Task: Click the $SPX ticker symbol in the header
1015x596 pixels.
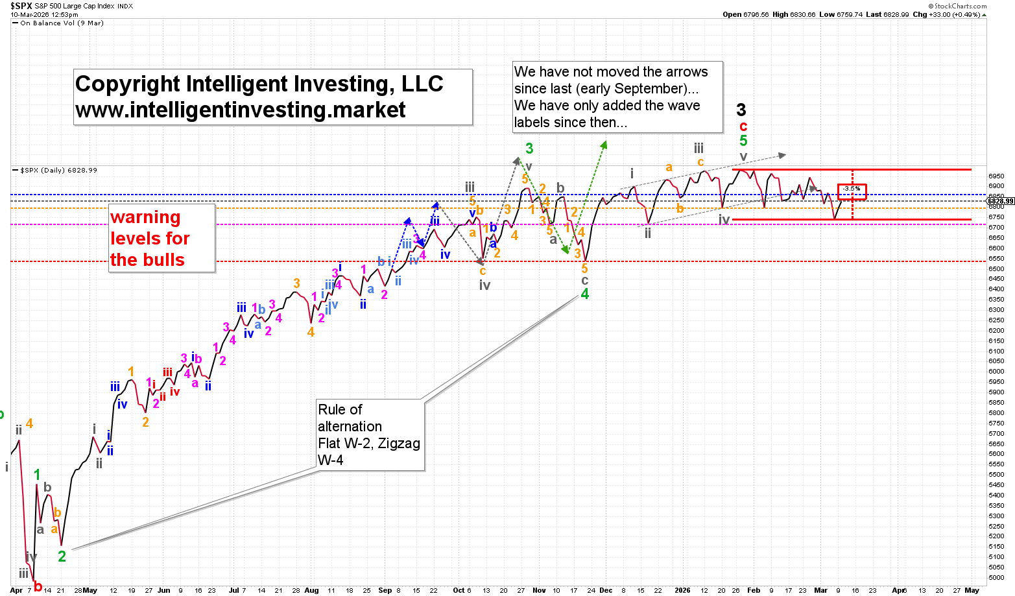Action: [x=22, y=6]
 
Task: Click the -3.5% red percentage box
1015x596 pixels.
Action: [x=852, y=189]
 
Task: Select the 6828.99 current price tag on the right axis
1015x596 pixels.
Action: [x=1001, y=202]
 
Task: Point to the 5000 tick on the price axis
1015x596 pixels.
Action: [x=996, y=577]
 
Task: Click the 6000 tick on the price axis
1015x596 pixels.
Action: [x=996, y=372]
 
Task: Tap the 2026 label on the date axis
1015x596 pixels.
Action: [x=682, y=590]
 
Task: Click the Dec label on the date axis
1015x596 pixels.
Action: [x=606, y=590]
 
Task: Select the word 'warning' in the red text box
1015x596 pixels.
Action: [x=145, y=217]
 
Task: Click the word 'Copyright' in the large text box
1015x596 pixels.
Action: [x=128, y=84]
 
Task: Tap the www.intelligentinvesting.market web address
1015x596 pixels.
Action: [x=241, y=110]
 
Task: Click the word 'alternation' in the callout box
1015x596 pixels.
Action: [x=350, y=426]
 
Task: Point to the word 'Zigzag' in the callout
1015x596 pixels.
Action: [x=399, y=444]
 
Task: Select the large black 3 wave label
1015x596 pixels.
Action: [x=741, y=110]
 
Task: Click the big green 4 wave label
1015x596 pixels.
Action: [x=584, y=294]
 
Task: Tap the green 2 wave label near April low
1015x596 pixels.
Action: [x=62, y=556]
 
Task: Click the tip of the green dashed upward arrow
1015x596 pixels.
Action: [x=606, y=143]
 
